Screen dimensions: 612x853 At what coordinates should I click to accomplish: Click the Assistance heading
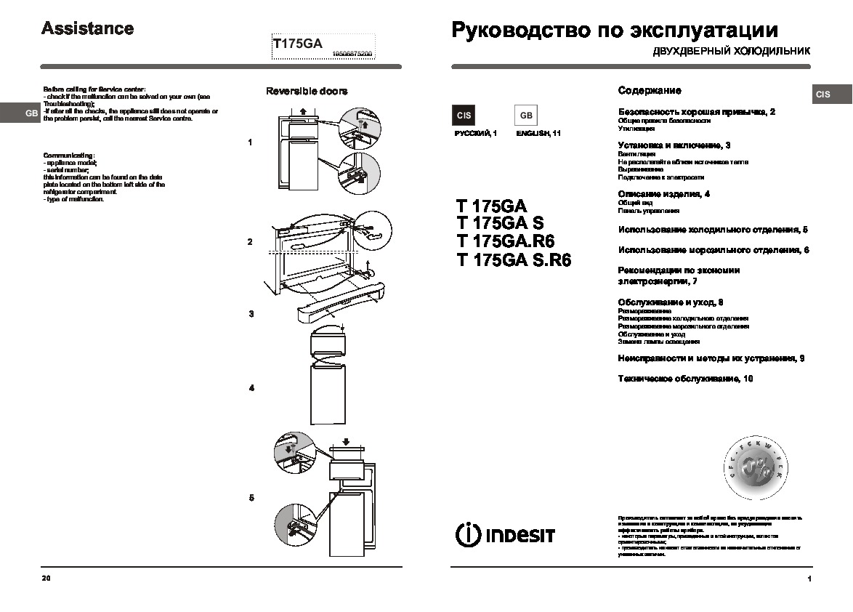pyautogui.click(x=87, y=29)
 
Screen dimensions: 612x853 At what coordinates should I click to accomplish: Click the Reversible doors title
pyautogui.click(x=306, y=92)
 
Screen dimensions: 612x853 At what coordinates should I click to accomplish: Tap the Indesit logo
pyautogui.click(x=505, y=534)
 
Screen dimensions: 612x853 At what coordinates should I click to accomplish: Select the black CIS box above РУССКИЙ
pyautogui.click(x=464, y=116)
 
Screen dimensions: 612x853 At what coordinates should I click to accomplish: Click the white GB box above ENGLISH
pyautogui.click(x=526, y=116)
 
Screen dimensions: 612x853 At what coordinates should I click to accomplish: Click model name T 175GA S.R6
pyautogui.click(x=514, y=260)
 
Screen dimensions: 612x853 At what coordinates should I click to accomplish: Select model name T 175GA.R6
pyautogui.click(x=506, y=241)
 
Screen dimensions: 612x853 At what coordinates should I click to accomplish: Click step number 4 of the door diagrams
pyautogui.click(x=251, y=388)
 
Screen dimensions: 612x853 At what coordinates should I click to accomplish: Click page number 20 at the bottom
pyautogui.click(x=47, y=579)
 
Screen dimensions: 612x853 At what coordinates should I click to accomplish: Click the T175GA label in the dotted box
pyautogui.click(x=297, y=44)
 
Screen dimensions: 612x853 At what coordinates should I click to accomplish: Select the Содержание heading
pyautogui.click(x=650, y=91)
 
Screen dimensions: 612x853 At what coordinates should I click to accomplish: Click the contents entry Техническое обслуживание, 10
pyautogui.click(x=685, y=379)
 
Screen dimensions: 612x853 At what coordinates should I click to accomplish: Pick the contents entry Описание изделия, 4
pyautogui.click(x=663, y=194)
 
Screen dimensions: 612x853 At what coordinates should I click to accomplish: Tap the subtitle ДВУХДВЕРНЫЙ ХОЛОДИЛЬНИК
pyautogui.click(x=731, y=52)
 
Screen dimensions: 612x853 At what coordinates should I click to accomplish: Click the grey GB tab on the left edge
pyautogui.click(x=31, y=113)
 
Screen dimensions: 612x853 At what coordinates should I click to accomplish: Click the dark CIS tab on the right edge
pyautogui.click(x=823, y=94)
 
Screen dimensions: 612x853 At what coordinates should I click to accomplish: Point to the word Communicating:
pyautogui.click(x=69, y=156)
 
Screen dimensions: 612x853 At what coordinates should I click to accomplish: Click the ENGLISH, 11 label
pyautogui.click(x=538, y=134)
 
